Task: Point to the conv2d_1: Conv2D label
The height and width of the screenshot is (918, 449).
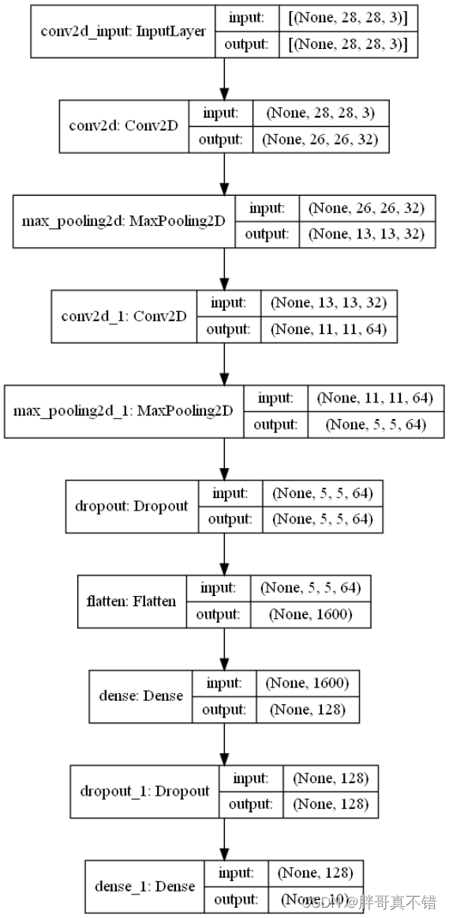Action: tap(124, 316)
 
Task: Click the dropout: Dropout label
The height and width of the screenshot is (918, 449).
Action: tap(132, 505)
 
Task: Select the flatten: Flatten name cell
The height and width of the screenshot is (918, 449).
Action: tap(131, 601)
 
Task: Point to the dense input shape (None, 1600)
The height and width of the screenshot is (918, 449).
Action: tap(308, 683)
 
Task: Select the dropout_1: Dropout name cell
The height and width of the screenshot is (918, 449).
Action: tap(145, 790)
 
